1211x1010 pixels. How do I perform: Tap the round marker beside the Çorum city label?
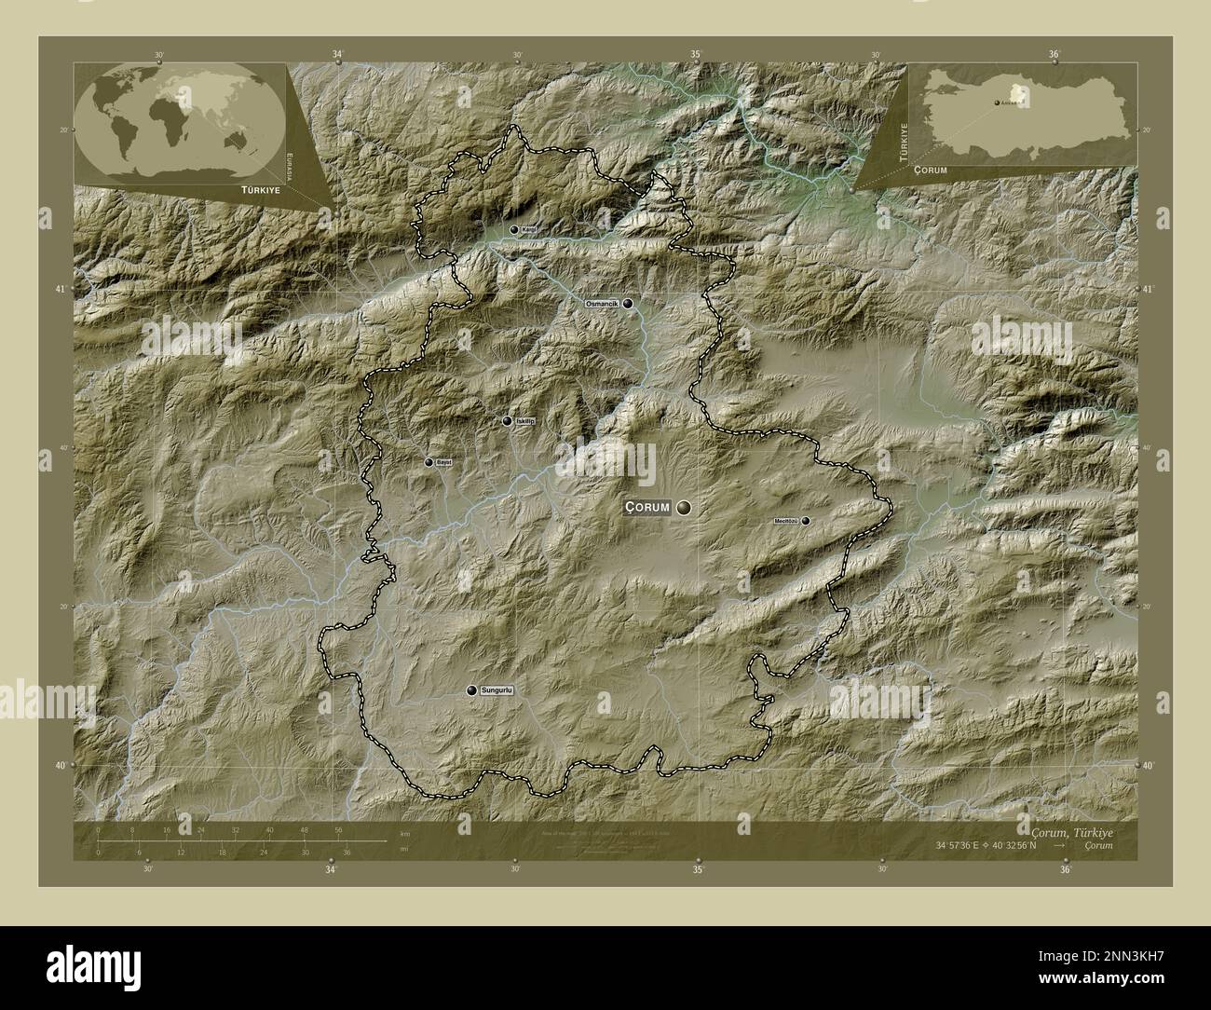[x=685, y=507]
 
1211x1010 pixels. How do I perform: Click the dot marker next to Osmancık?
[x=629, y=303]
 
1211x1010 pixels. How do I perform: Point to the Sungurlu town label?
[x=497, y=690]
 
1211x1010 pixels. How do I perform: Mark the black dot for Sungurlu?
[x=472, y=690]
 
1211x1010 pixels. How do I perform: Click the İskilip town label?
[x=525, y=421]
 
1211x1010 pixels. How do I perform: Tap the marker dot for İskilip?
[x=507, y=421]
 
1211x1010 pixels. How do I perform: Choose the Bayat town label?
[x=444, y=462]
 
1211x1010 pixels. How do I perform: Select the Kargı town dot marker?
[x=513, y=229]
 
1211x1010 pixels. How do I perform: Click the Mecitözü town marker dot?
[x=805, y=521]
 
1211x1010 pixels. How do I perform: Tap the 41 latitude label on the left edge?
[x=61, y=290]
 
